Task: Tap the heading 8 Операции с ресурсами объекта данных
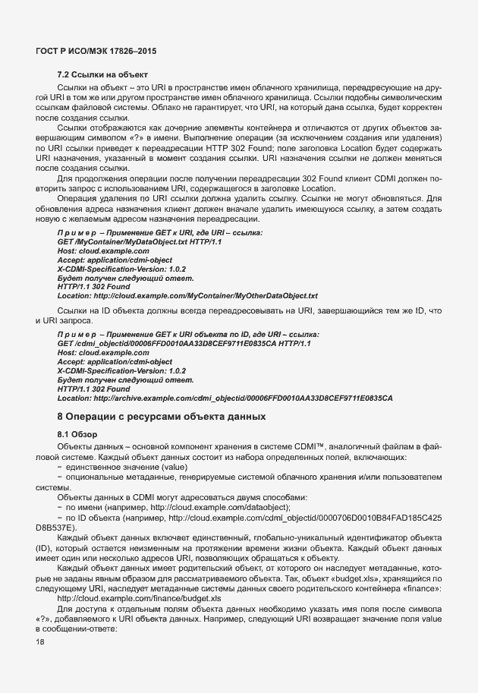click(x=162, y=416)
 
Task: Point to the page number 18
click(x=40, y=642)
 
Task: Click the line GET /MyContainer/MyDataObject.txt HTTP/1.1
click(x=139, y=241)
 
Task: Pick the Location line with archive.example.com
click(x=225, y=398)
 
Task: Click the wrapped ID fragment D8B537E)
click(x=56, y=527)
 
